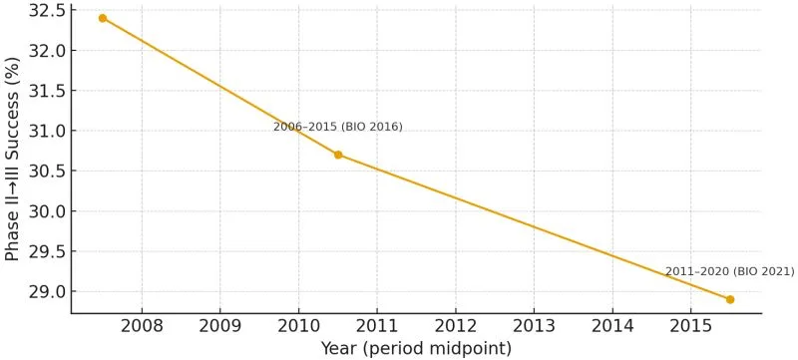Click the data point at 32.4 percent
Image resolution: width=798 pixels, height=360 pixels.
coord(103,18)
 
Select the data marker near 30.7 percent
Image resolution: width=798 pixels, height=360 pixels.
coord(338,155)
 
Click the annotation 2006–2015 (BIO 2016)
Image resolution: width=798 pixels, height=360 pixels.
coord(338,127)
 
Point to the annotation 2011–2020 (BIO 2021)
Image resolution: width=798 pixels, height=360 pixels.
coord(729,271)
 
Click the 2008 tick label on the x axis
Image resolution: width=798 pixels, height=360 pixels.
coord(142,326)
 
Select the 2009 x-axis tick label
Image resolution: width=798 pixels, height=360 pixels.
coord(219,326)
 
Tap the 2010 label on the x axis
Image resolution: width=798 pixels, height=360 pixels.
coord(298,326)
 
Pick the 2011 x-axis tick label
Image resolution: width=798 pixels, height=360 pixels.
coord(377,326)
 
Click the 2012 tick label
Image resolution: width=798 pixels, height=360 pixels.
coord(455,326)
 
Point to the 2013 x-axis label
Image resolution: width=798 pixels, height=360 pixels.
coord(534,326)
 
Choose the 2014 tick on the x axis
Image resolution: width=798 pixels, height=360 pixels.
coord(612,326)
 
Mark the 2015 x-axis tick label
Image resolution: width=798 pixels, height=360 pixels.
coord(690,326)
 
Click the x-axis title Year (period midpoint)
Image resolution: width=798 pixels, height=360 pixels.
coord(416,349)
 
